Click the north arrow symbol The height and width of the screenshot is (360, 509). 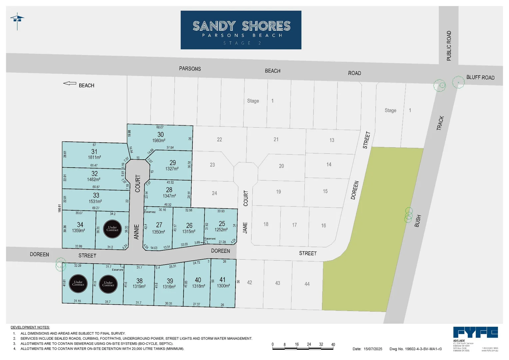[17, 21]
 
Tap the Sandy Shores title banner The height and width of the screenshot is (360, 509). [241, 30]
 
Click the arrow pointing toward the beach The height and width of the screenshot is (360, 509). [70, 83]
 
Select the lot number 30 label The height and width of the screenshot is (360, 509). [160, 134]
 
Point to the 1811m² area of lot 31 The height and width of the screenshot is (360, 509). [95, 157]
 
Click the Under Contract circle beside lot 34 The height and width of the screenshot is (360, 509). [112, 229]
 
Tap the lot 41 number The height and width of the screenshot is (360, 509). [222, 280]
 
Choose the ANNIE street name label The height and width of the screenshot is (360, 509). [137, 232]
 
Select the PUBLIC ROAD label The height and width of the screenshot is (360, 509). [449, 46]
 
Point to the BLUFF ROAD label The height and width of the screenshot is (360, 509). [480, 77]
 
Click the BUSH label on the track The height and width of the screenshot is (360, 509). [418, 221]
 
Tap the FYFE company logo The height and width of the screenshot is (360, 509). [475, 332]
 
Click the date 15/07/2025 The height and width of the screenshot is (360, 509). [373, 349]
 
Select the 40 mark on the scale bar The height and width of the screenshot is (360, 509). [333, 344]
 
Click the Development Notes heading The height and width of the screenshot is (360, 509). [30, 327]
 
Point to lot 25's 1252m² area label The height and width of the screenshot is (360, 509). [221, 230]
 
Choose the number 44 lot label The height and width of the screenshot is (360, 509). [307, 284]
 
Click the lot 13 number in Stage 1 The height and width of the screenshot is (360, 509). [332, 140]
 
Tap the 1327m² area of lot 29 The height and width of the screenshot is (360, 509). [172, 169]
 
